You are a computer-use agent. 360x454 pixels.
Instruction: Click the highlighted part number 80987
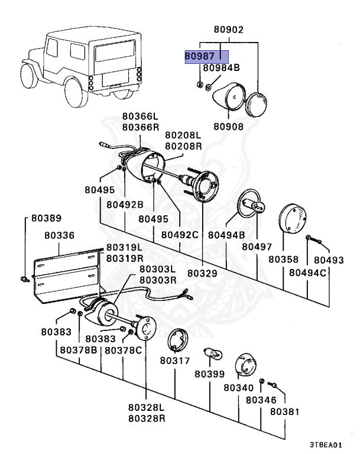(x=200, y=56)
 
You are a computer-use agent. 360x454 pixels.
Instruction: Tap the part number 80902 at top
(x=229, y=30)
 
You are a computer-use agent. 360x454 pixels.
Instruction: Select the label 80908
(x=229, y=127)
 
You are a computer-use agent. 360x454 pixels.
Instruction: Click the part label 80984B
(x=221, y=68)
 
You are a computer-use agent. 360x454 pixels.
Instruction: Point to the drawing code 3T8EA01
(x=326, y=445)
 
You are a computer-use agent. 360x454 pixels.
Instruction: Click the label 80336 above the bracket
(x=59, y=235)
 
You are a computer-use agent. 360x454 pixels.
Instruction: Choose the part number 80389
(x=46, y=218)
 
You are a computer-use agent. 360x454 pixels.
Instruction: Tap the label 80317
(x=175, y=361)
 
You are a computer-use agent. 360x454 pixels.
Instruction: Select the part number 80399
(x=210, y=374)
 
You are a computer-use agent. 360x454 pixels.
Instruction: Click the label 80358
(x=283, y=260)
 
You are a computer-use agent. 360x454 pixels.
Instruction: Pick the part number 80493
(x=329, y=260)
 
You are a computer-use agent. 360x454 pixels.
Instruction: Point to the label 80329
(x=202, y=273)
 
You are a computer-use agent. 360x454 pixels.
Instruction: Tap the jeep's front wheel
(x=29, y=76)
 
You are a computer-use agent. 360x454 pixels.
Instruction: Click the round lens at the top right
(x=256, y=105)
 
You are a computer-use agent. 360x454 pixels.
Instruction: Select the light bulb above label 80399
(x=213, y=354)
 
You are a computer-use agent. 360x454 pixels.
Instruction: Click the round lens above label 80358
(x=292, y=218)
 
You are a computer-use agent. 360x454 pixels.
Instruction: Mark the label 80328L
(x=146, y=407)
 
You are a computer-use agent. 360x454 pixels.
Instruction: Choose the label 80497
(x=257, y=247)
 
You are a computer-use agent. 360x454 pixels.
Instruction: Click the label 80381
(x=285, y=411)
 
